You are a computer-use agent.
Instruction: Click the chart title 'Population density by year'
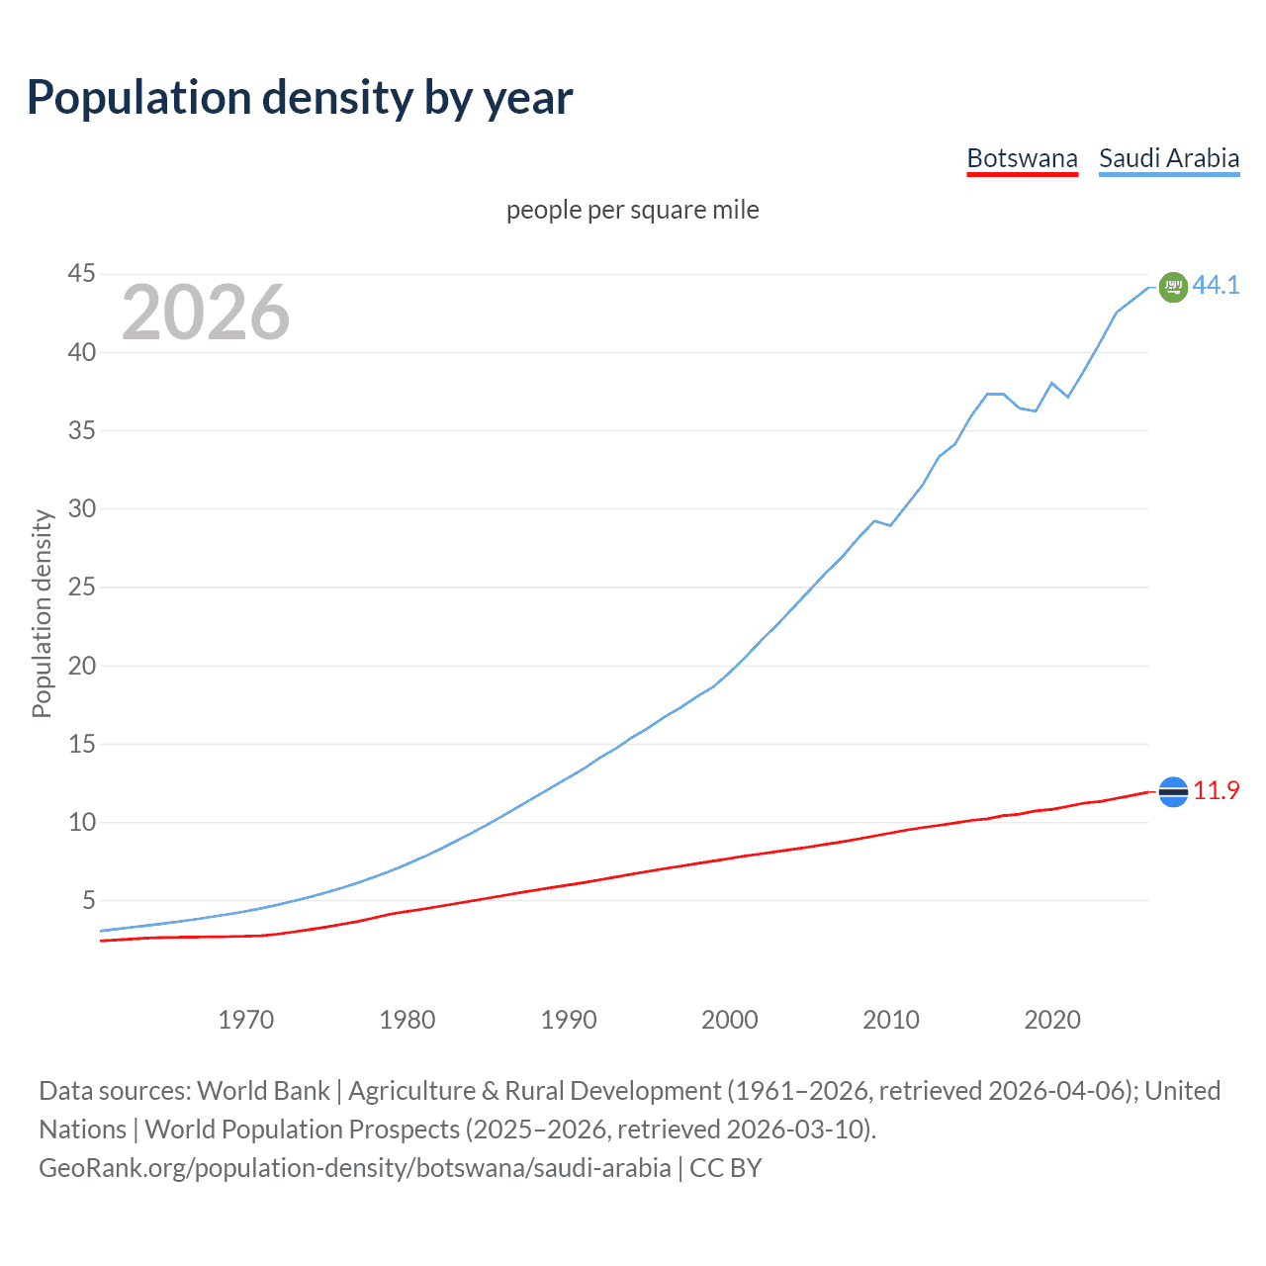[x=300, y=97]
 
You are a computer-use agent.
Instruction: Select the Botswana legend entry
[x=1022, y=158]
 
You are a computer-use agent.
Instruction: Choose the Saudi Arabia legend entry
[x=1169, y=158]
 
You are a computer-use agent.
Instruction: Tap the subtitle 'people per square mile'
[x=632, y=210]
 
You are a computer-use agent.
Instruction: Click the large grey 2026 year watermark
[x=206, y=313]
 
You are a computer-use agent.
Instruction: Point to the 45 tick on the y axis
[x=82, y=273]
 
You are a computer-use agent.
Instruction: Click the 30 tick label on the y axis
[x=82, y=508]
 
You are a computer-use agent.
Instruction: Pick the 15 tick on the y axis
[x=82, y=744]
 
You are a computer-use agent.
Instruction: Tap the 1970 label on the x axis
[x=246, y=1020]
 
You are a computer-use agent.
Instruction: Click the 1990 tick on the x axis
[x=569, y=1020]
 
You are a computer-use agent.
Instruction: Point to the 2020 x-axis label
[x=1052, y=1020]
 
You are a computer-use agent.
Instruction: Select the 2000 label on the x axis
[x=730, y=1020]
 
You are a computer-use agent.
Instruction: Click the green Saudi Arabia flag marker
[x=1173, y=287]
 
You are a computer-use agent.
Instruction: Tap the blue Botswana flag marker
[x=1173, y=791]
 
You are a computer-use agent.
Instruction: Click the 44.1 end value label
[x=1216, y=285]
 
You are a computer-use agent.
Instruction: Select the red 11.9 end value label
[x=1216, y=790]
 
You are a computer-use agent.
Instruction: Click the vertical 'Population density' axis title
[x=42, y=613]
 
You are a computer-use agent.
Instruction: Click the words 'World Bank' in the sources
[x=263, y=1091]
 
